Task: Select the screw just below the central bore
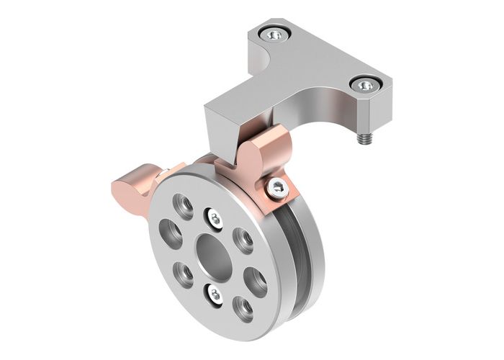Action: [x=214, y=293]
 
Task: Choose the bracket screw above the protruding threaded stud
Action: [x=366, y=84]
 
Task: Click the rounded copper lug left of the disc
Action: [x=133, y=186]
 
